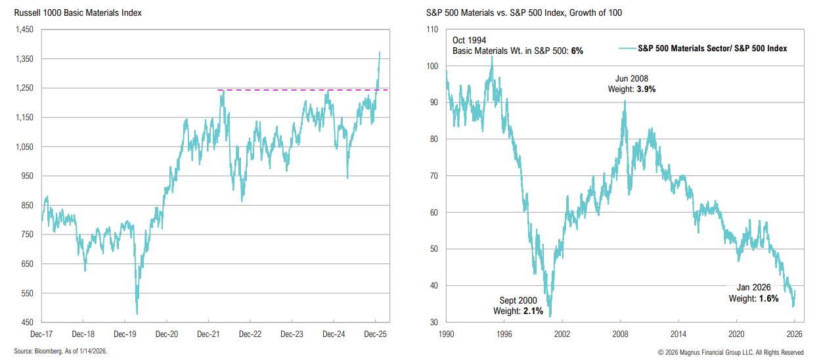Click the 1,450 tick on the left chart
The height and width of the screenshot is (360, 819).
pos(24,30)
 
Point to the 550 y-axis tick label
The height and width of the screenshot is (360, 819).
pos(28,294)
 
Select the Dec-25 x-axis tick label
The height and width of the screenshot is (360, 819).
pos(375,334)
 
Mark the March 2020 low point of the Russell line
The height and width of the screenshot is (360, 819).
pos(137,313)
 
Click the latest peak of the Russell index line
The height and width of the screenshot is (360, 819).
pos(380,53)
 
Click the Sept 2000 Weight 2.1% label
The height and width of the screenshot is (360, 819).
pos(518,305)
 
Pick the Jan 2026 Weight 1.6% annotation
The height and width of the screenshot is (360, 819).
pos(753,293)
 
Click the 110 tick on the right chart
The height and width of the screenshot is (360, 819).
pos(433,30)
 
